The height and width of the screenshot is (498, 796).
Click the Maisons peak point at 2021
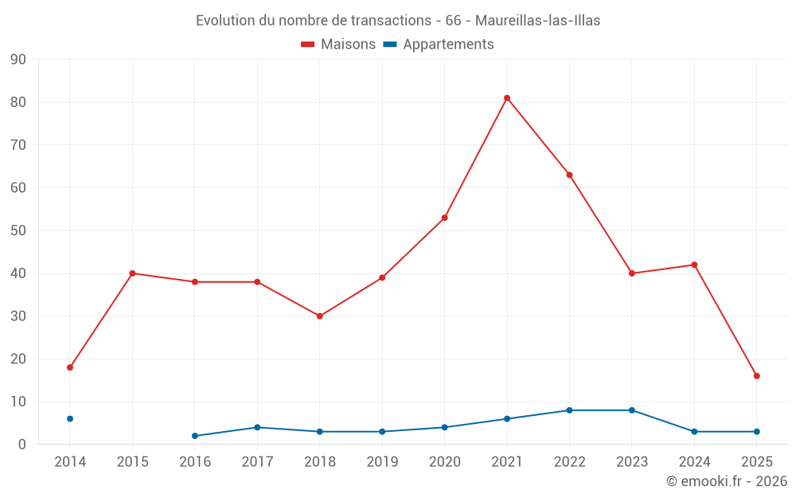point(507,98)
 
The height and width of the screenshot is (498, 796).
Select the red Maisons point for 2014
point(70,367)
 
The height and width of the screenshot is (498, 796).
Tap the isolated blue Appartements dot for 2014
point(70,418)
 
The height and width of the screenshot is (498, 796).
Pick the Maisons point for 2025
point(757,376)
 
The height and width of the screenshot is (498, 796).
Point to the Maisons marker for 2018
point(320,316)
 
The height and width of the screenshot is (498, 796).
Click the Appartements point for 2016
point(195,436)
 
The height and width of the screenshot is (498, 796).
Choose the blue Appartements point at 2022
point(569,410)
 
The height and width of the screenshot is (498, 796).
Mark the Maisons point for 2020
point(444,218)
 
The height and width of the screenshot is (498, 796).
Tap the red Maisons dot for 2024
point(694,265)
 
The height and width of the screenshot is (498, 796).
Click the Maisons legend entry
point(338,45)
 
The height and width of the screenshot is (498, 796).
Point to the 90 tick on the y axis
point(18,60)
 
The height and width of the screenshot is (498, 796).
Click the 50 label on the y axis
point(18,231)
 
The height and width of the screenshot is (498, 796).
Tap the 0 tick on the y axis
point(22,445)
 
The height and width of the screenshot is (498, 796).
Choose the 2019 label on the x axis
point(382,462)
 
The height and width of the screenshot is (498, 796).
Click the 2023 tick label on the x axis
point(632,462)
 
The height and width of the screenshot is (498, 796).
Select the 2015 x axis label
point(133,462)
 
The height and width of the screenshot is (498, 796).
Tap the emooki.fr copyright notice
point(727,481)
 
